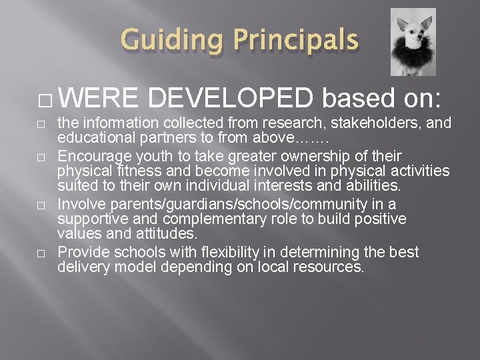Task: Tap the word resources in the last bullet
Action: pos(333,267)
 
